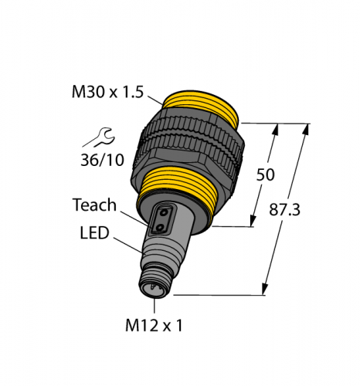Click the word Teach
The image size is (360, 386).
coord(94,205)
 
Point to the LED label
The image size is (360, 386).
coord(95,232)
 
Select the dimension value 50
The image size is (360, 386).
coord(265,175)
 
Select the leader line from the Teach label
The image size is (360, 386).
coord(131,215)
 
